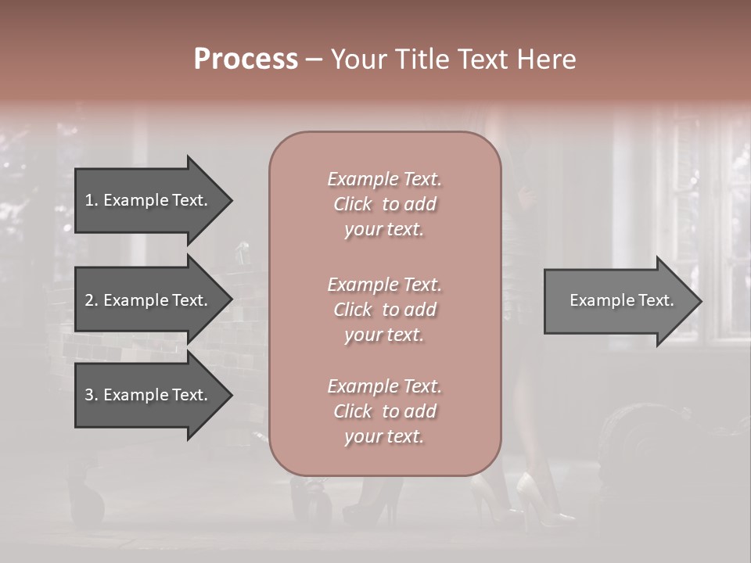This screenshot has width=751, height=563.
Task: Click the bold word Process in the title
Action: pos(246,59)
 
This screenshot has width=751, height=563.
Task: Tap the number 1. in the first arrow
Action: pos(91,200)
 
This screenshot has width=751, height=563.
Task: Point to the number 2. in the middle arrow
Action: pos(91,300)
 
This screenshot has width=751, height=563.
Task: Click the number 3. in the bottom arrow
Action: pos(91,395)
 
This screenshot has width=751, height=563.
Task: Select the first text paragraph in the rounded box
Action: pos(384,204)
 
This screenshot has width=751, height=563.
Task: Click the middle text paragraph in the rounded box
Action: pos(384,310)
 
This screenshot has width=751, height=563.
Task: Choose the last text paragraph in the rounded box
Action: pos(384,411)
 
